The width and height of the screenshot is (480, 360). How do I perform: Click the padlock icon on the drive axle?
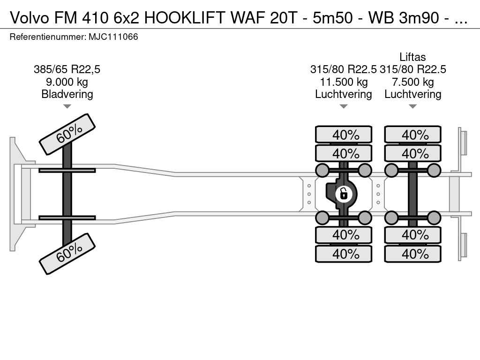click(x=344, y=193)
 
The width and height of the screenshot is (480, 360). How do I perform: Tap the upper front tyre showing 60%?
click(x=67, y=134)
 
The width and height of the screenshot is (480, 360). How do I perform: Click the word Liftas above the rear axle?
click(x=412, y=57)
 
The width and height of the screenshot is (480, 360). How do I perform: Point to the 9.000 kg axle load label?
click(x=67, y=82)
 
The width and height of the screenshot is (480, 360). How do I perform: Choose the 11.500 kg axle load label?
click(x=343, y=82)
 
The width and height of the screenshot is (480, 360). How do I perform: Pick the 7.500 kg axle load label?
click(x=412, y=82)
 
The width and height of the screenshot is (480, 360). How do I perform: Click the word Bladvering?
click(x=67, y=94)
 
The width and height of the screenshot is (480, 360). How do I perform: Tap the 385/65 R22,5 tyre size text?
click(x=67, y=70)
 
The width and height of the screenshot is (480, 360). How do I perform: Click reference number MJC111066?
click(x=113, y=37)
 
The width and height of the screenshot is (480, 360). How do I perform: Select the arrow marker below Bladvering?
click(x=67, y=106)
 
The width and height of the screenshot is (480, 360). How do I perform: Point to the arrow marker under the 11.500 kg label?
click(x=343, y=106)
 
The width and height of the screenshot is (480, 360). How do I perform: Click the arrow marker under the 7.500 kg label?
click(x=412, y=106)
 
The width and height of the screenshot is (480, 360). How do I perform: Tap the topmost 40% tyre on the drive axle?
click(x=344, y=135)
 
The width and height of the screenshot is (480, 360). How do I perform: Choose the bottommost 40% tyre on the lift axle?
click(x=412, y=254)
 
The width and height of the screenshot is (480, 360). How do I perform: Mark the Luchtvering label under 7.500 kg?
click(x=412, y=94)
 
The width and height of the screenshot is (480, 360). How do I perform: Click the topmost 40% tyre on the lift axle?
click(x=412, y=135)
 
